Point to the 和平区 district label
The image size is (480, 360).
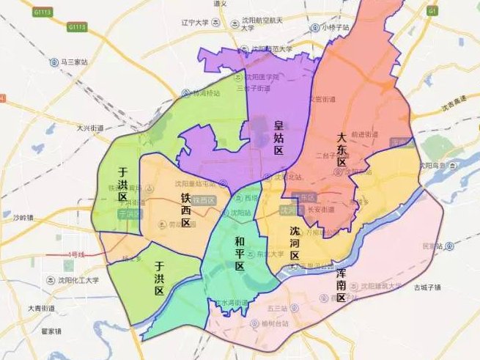(x=240, y=253)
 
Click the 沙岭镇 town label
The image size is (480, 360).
(x=23, y=218)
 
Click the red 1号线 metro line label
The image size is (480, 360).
(x=76, y=254)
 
